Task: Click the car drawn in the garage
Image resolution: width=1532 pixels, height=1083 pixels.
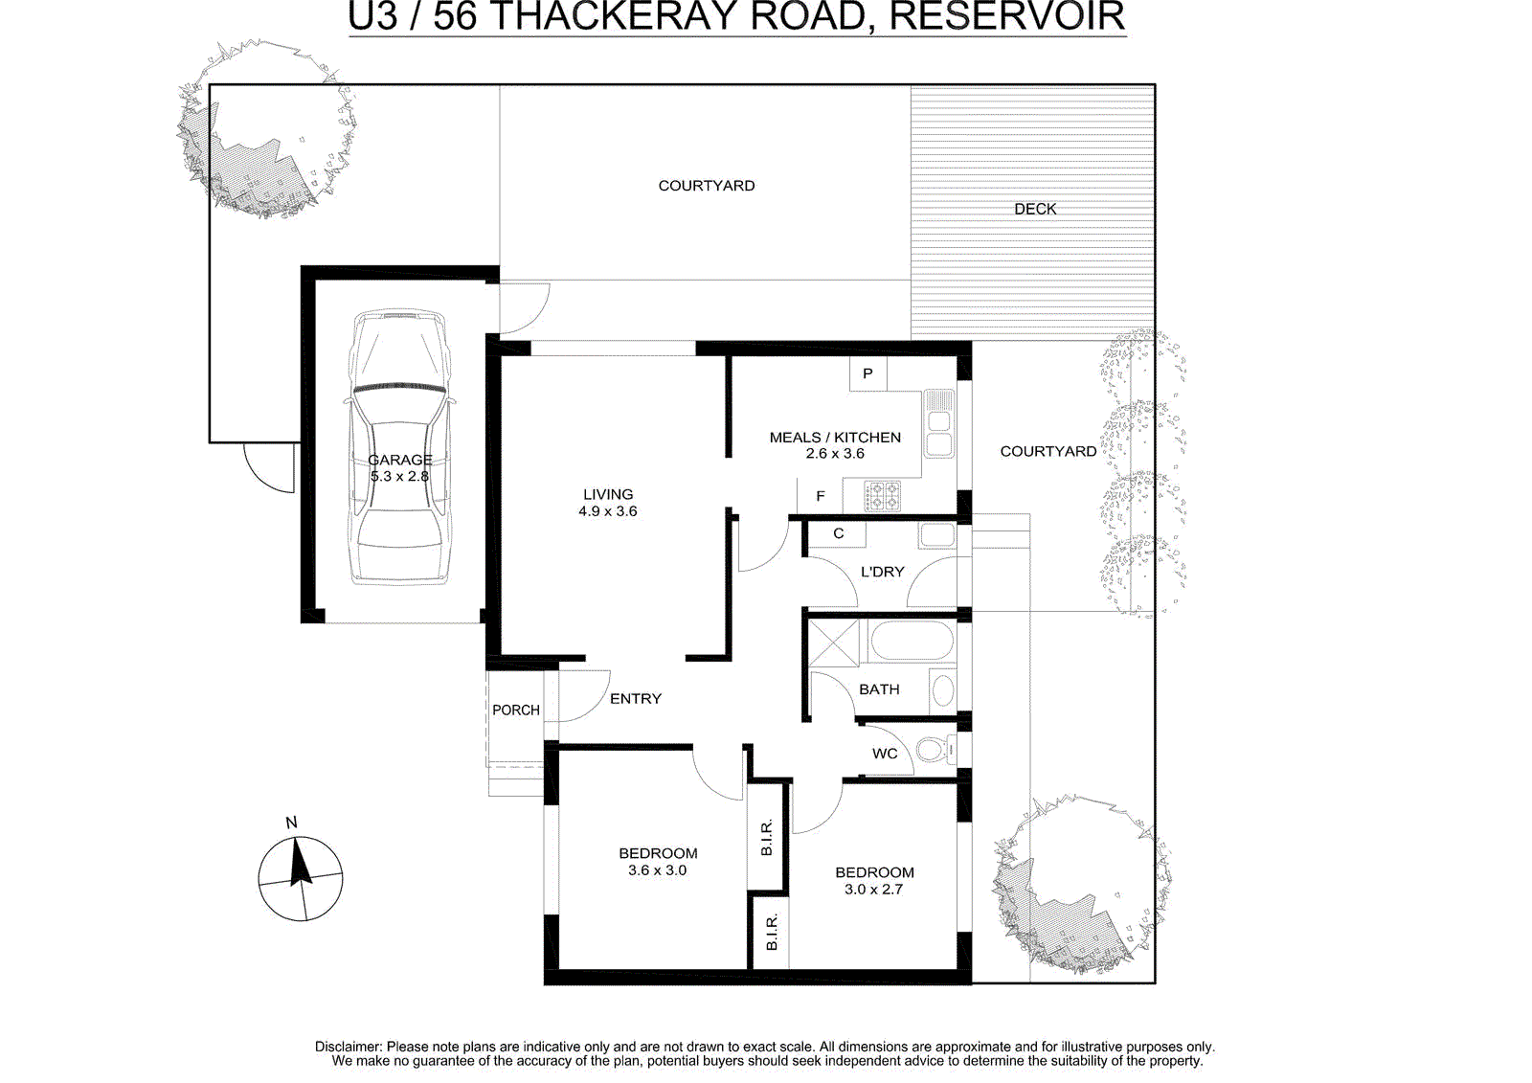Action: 399,447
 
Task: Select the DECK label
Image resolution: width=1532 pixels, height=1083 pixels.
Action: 1035,210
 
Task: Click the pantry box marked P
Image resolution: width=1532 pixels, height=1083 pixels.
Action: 867,373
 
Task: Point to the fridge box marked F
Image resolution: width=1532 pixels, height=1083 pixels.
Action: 820,496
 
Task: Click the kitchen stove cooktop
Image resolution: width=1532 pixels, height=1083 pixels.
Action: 882,497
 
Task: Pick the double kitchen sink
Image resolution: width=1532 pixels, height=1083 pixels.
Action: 939,424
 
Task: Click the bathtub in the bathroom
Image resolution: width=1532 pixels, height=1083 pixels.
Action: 911,640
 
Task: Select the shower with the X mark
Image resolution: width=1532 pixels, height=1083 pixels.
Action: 833,643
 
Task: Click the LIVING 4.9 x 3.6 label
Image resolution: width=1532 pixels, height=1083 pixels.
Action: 608,502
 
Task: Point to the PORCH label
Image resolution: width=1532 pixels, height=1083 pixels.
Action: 516,711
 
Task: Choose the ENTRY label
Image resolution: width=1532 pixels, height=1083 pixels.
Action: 636,698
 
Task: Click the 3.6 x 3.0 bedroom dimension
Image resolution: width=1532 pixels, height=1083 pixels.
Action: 657,870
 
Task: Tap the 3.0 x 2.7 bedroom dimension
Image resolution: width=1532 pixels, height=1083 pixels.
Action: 873,890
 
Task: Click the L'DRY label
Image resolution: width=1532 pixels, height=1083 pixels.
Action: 882,572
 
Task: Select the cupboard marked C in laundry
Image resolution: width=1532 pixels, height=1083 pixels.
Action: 838,533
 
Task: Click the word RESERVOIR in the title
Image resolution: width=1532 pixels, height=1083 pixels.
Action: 1006,15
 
